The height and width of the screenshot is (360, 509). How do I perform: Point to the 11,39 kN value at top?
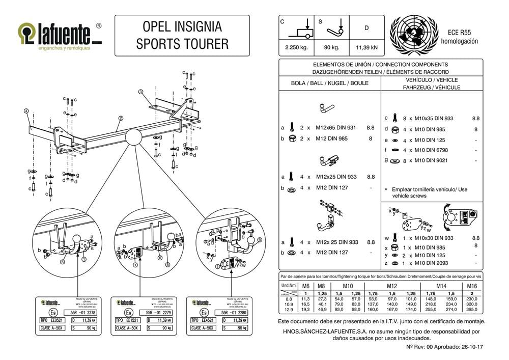[x=366, y=48]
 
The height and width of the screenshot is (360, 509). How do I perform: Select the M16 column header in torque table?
[x=472, y=286]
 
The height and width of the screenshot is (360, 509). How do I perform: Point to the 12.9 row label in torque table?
[x=288, y=309]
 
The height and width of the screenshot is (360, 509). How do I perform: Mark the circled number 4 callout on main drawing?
[x=26, y=109]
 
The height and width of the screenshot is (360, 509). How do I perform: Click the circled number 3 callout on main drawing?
[x=140, y=92]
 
